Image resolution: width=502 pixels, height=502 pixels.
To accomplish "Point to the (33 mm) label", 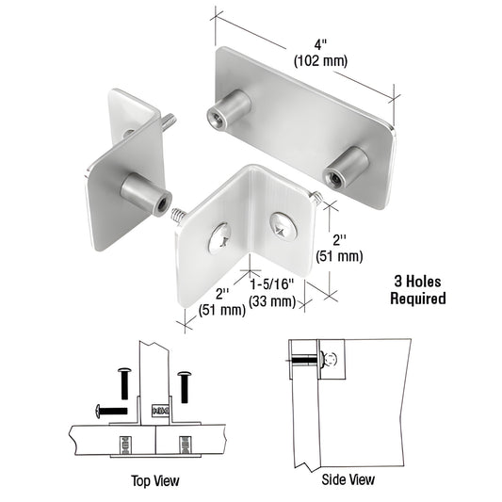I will (x=272, y=301).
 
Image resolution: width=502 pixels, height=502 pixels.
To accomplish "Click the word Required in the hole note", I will (x=417, y=299).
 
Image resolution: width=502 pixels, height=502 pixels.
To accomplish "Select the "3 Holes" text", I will (x=417, y=281).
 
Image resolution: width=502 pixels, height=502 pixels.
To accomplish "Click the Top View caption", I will (x=154, y=481).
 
